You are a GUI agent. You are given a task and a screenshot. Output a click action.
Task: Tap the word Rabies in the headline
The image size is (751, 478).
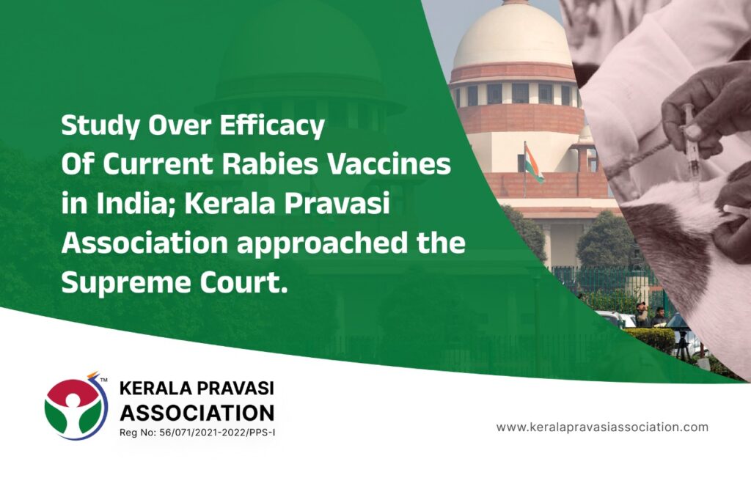(x=270, y=163)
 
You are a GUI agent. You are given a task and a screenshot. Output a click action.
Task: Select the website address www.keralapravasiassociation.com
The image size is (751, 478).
(x=602, y=427)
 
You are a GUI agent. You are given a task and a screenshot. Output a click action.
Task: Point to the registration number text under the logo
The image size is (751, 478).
(x=197, y=433)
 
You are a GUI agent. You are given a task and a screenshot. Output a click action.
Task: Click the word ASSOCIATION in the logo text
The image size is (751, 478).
(x=197, y=412)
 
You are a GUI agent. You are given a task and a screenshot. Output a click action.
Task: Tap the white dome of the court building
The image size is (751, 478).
(x=513, y=38)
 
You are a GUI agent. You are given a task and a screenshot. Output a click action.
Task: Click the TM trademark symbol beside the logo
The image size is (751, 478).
(x=103, y=380)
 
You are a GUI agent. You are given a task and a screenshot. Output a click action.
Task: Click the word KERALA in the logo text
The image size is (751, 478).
(x=154, y=388)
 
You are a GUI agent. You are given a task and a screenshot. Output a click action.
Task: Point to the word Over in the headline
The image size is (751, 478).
(x=180, y=126)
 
